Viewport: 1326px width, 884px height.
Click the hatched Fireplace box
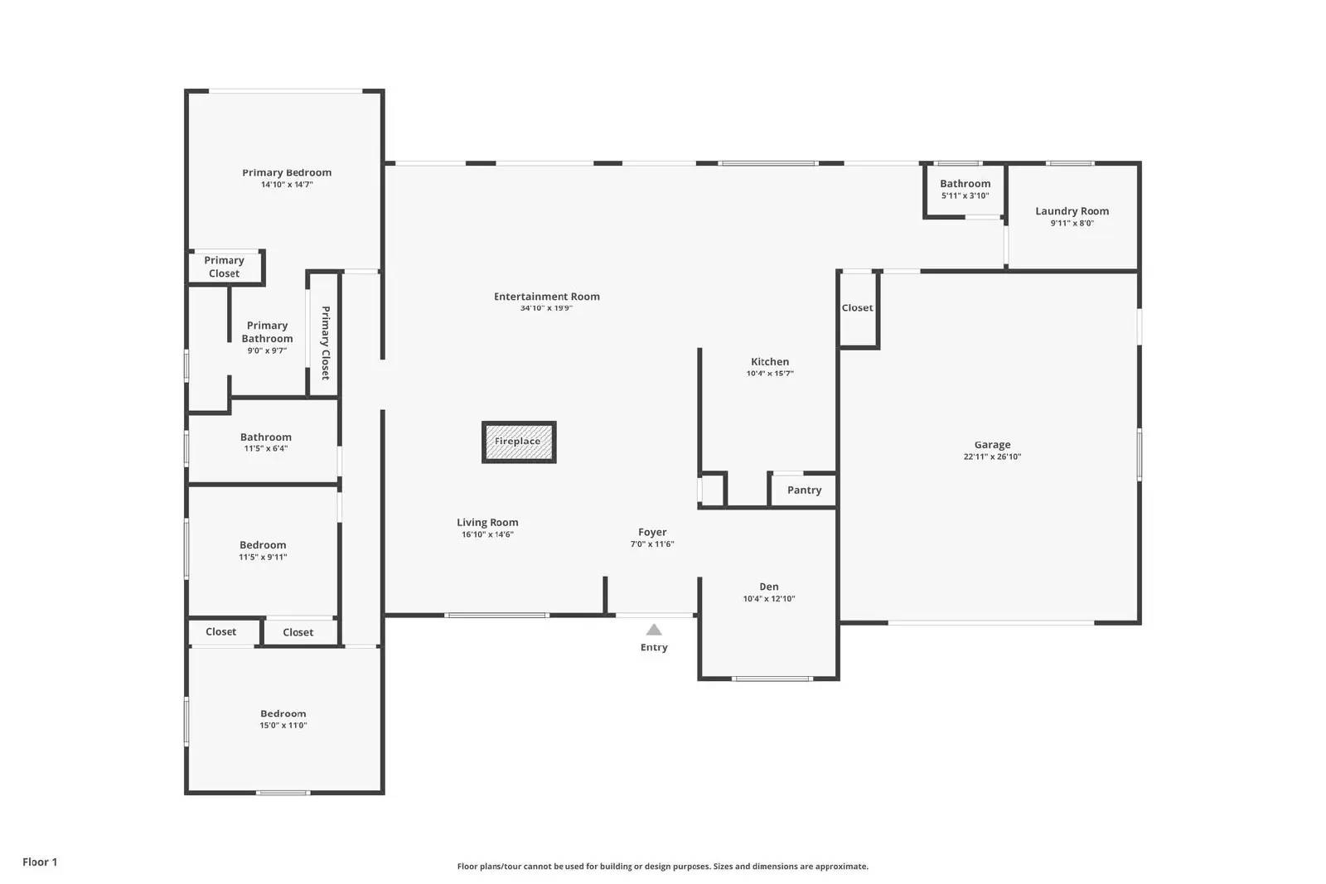[519, 442]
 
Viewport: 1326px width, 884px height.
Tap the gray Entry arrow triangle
[654, 630]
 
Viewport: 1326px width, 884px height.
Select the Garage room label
[992, 445]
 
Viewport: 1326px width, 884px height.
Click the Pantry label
[804, 490]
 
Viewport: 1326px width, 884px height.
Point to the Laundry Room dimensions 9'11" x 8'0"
[1072, 223]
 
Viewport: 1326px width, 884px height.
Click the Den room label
[768, 587]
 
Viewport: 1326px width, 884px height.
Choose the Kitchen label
[769, 361]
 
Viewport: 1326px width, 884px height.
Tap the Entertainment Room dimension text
[546, 308]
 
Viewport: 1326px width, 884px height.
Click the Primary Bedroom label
[287, 172]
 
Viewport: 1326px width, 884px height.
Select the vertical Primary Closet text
[325, 342]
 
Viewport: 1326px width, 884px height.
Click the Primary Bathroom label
[267, 331]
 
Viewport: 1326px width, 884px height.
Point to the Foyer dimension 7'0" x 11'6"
[652, 544]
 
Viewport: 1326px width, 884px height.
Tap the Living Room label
[487, 522]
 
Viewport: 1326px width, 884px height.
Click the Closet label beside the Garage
[857, 307]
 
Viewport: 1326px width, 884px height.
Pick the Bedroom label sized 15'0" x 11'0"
[283, 713]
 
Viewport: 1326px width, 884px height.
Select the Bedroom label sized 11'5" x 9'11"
[263, 544]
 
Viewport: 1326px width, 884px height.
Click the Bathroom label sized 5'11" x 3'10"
[965, 183]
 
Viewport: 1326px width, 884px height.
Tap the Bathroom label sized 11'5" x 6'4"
[265, 437]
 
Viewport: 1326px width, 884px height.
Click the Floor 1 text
[40, 862]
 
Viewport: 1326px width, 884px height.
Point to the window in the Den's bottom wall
[772, 679]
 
